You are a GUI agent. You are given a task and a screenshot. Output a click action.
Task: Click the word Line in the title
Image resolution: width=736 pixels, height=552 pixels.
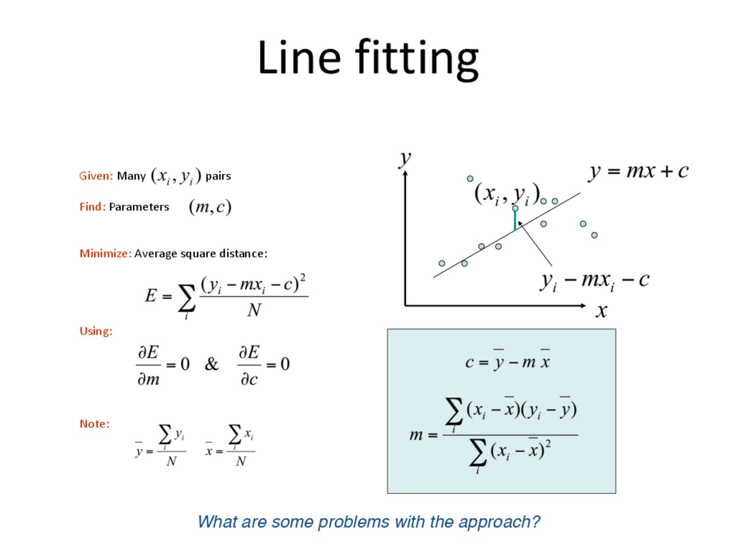tap(299, 57)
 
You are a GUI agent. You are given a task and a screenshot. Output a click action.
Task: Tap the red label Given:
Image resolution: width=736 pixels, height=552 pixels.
tap(96, 176)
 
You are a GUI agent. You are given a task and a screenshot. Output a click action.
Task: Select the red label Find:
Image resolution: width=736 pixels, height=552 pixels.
tap(92, 207)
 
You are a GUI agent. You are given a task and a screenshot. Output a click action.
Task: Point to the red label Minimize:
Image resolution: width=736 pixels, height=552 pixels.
tap(105, 253)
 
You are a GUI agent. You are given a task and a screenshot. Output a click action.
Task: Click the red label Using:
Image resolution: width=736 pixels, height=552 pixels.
tap(96, 331)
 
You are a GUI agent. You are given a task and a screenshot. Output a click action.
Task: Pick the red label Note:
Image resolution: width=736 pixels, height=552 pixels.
tap(94, 424)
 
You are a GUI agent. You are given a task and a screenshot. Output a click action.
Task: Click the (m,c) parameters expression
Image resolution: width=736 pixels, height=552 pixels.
tap(210, 207)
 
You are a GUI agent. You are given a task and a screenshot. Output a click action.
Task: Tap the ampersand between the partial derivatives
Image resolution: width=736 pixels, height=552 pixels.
tap(211, 364)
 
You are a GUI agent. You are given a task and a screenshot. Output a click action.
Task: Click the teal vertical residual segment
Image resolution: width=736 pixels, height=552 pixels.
tap(515, 220)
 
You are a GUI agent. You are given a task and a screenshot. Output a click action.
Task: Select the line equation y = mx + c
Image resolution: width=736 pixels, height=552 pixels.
tap(638, 172)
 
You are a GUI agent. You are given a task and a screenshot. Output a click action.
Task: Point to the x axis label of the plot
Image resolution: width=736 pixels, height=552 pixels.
tap(601, 311)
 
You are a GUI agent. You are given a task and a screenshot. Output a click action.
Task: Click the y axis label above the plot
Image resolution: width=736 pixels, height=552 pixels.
tap(405, 158)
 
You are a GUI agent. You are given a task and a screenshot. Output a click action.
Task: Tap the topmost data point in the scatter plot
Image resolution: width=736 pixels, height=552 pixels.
tap(470, 178)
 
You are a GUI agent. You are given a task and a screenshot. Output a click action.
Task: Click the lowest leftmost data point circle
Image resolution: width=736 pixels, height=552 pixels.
tap(442, 264)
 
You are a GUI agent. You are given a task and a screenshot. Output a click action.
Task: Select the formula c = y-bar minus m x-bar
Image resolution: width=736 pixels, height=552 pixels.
tap(507, 360)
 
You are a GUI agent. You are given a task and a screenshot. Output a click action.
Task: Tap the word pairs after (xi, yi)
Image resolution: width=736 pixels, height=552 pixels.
tap(218, 176)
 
